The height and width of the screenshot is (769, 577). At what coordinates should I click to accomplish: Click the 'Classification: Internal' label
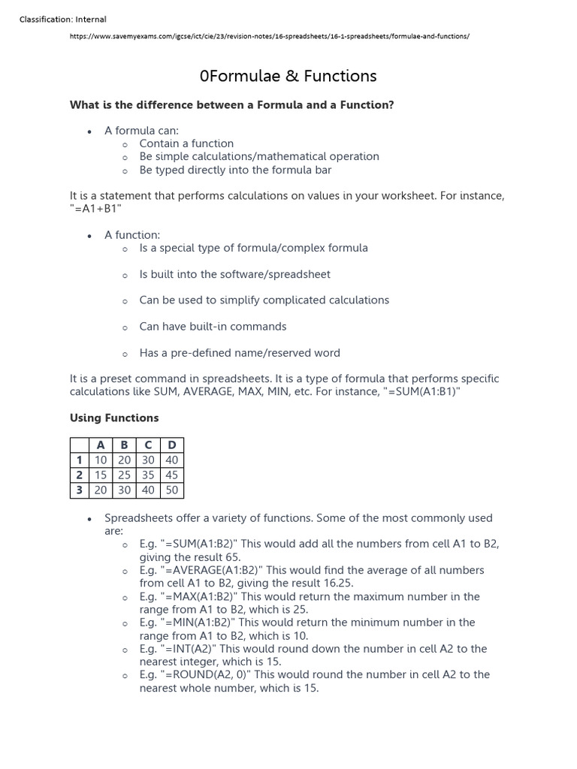62,19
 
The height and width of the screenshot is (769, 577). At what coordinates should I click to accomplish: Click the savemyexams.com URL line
270,36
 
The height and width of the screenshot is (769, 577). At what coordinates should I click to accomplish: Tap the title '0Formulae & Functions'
288,76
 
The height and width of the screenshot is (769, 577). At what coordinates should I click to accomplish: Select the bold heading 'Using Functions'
114,418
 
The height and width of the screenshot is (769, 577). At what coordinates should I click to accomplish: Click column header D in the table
171,445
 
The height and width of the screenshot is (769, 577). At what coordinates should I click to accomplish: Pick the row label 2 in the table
79,475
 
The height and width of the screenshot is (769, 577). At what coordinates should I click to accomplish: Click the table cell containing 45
171,475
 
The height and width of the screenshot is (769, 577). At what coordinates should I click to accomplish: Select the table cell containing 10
101,460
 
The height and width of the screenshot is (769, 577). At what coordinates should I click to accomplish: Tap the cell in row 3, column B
124,490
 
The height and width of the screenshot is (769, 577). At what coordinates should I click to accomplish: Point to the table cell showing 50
171,490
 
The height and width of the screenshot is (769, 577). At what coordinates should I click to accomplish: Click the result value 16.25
337,583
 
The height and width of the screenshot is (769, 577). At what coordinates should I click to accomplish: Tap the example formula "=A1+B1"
95,209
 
